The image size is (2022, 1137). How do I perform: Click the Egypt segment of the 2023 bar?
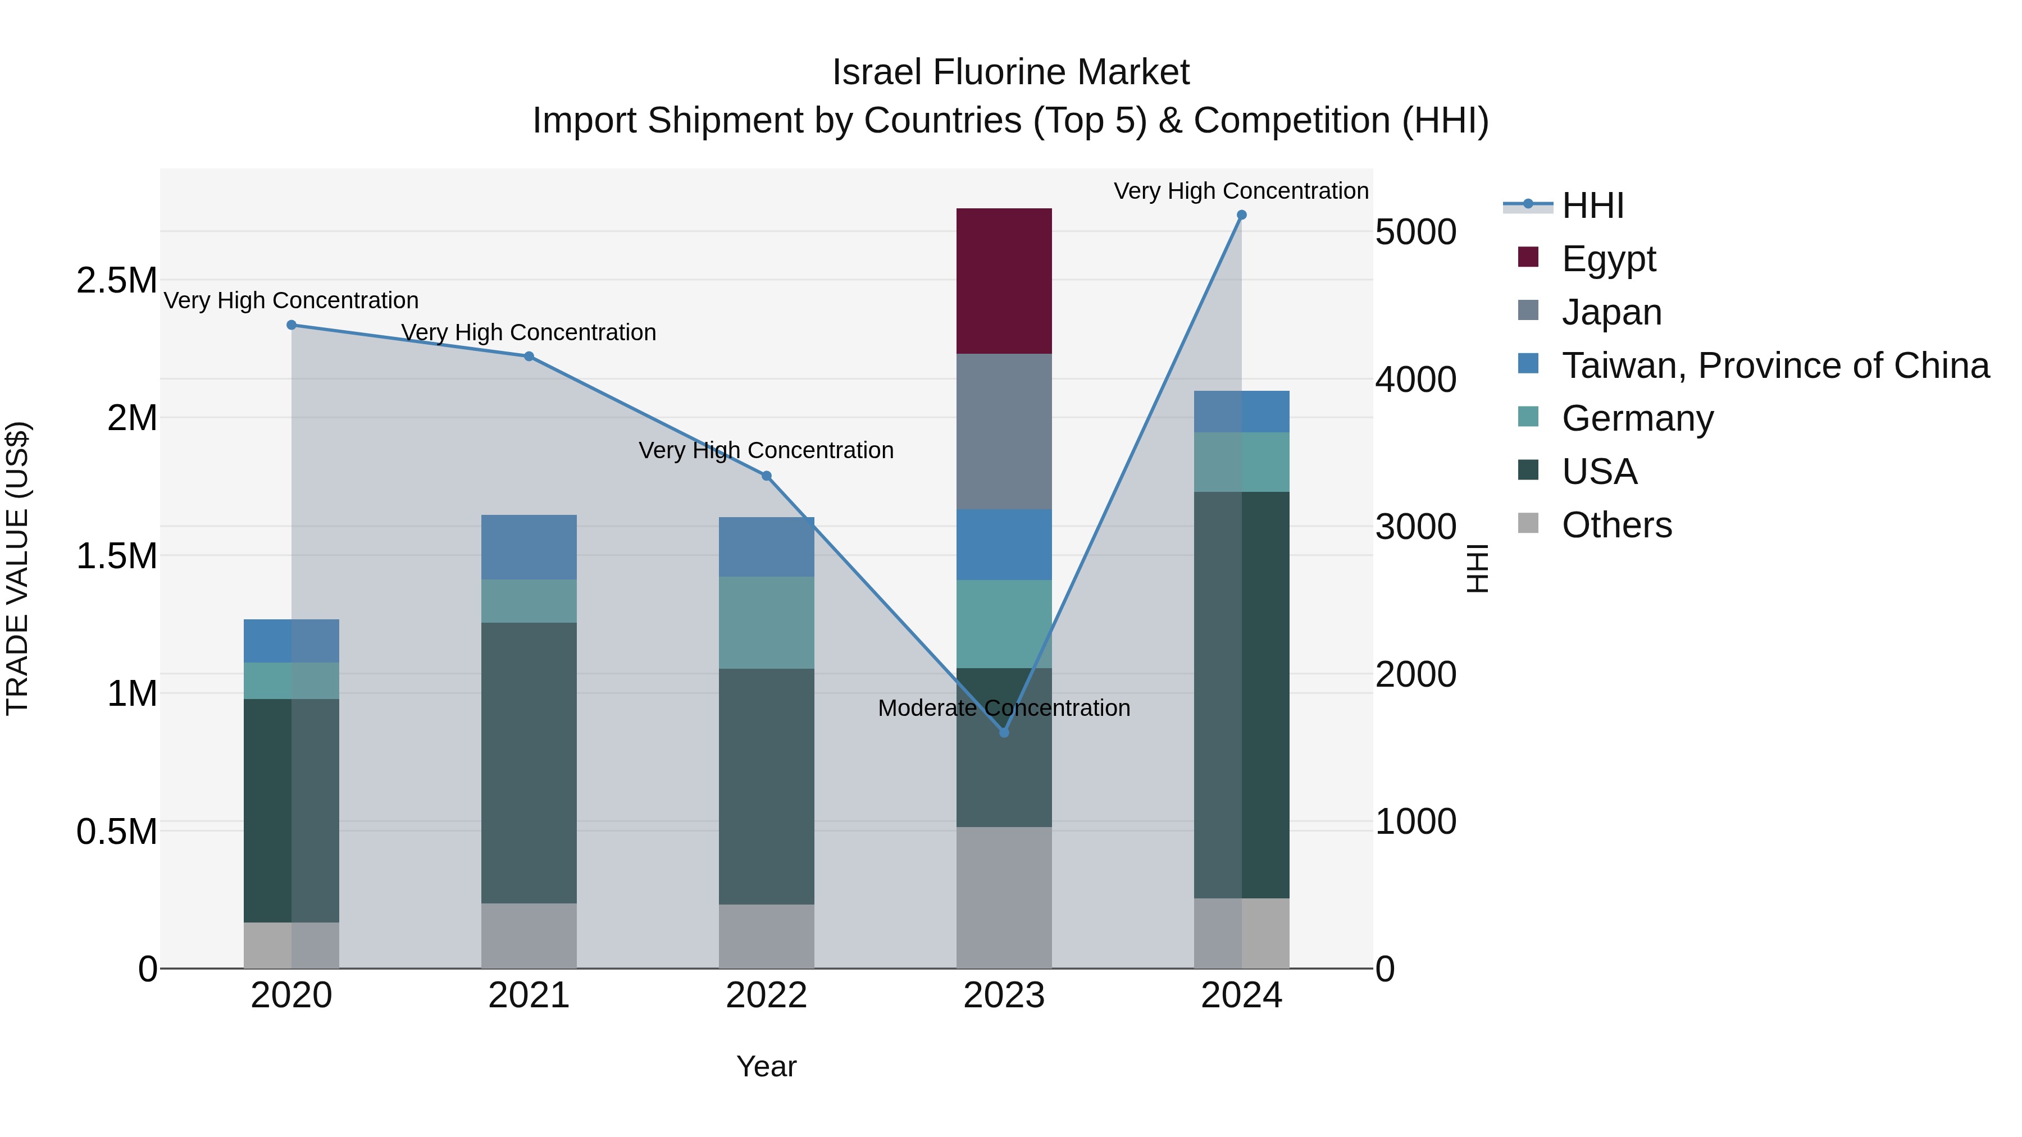(1003, 280)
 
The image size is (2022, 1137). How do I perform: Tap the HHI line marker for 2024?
(1241, 215)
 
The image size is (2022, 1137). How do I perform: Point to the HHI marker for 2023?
(1003, 732)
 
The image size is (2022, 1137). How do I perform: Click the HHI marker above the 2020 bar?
(291, 325)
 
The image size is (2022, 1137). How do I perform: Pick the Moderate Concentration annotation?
(1003, 708)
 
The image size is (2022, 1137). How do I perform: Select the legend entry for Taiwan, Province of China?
(1774, 366)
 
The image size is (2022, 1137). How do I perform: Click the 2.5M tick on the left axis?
(116, 280)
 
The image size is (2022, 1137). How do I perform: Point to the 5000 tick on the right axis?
(1415, 232)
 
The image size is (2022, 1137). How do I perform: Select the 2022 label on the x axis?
(766, 996)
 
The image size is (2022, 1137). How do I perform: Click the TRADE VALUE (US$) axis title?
(17, 568)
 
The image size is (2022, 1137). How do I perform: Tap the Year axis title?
(766, 1066)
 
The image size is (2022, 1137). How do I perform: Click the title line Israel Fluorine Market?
(1010, 72)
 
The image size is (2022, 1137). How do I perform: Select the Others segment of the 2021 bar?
(529, 935)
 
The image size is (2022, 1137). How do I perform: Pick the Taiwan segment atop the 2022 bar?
(766, 547)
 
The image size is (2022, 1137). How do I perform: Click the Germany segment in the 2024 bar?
(1241, 462)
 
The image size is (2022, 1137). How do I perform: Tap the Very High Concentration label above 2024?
(1240, 191)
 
